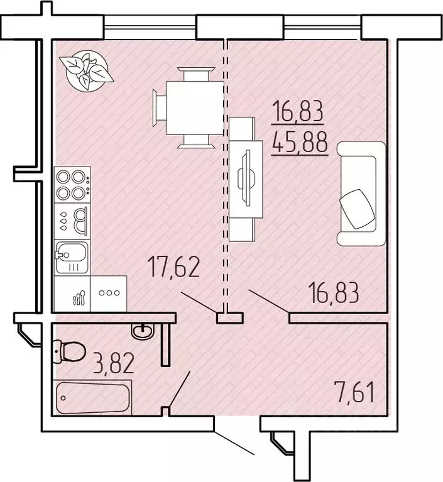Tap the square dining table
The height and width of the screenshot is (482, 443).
point(195,107)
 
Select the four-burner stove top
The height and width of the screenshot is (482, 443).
point(72,185)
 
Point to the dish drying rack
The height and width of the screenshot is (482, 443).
point(72,221)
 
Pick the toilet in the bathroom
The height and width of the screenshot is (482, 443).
point(69,351)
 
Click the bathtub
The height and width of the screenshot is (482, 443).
point(92,398)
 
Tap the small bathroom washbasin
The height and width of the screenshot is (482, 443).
point(143,332)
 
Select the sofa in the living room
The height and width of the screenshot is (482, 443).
point(361,194)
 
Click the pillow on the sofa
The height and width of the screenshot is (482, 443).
point(358,209)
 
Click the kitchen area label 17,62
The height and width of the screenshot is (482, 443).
point(174,267)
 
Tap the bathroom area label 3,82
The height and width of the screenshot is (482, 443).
point(114,364)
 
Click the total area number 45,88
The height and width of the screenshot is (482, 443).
point(300,143)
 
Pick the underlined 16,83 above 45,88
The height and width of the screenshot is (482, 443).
point(298,111)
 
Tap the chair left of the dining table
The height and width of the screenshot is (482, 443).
point(160,107)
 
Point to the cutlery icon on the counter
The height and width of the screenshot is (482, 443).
point(79,298)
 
